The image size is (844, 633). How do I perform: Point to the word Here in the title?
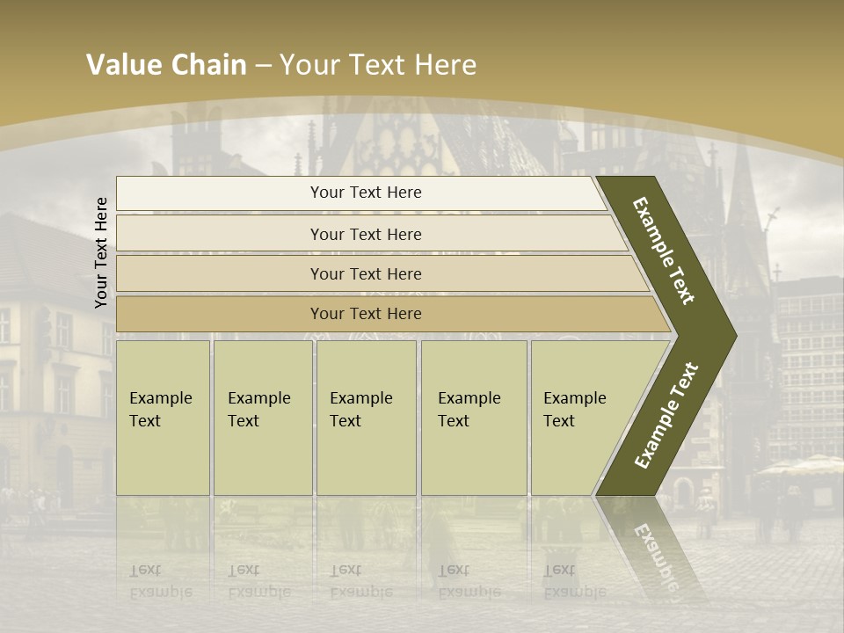(x=445, y=65)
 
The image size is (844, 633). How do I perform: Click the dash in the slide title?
(x=263, y=66)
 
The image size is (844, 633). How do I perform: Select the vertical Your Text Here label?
(x=101, y=252)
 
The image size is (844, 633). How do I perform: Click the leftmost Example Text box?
(x=163, y=418)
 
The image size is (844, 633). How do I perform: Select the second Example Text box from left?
(x=262, y=418)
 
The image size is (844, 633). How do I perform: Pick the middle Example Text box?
(x=366, y=418)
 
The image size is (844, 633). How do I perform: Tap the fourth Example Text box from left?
(x=473, y=418)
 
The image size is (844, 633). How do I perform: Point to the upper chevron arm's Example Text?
(x=664, y=251)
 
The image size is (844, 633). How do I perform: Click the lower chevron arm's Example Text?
(x=666, y=416)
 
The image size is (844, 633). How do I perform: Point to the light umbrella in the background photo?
(x=799, y=465)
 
